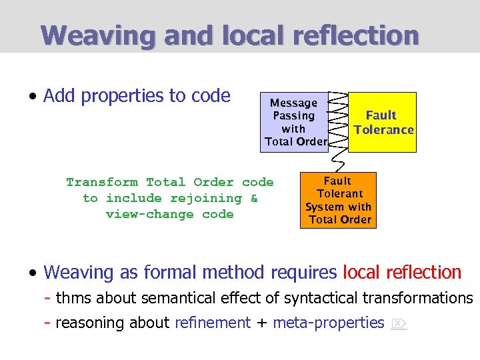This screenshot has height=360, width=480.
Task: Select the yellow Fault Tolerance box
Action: coord(383,123)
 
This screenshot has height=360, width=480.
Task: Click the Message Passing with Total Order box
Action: coord(294,123)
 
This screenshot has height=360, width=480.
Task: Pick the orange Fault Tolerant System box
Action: coord(338,200)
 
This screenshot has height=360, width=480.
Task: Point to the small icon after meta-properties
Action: coord(398,323)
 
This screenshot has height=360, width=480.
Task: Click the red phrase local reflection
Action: coord(402,272)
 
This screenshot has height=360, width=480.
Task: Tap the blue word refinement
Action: coord(212,323)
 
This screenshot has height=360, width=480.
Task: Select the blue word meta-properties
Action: coord(329,323)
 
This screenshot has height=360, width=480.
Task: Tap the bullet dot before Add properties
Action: coord(32,97)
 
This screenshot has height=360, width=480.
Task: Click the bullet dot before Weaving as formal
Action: coord(32,273)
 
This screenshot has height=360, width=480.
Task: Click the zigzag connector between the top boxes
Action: coord(339,120)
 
